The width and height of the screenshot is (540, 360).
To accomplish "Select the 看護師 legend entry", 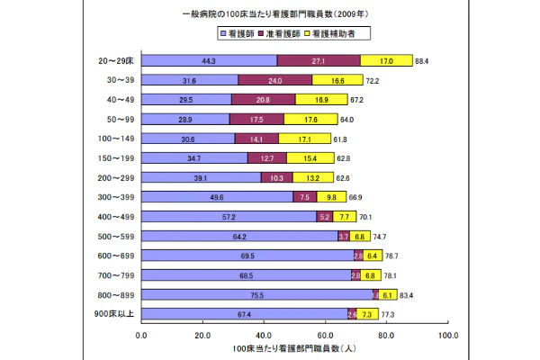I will (241, 34).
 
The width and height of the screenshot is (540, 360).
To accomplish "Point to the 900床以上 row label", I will (114, 314).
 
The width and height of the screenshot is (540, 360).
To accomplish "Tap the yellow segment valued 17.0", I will (386, 60).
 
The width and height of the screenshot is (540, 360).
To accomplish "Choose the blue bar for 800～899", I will (256, 294).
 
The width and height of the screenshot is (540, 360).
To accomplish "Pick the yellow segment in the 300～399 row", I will (331, 197).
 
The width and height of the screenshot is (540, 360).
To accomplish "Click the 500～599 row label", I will (115, 236).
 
